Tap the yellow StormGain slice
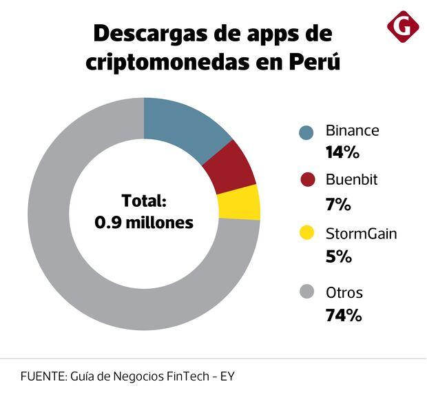click(240, 203)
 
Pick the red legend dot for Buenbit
click(307, 181)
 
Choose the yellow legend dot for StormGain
click(307, 234)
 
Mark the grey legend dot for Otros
click(307, 292)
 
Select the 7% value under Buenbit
click(338, 204)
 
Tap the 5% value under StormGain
click(338, 256)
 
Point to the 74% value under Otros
click(343, 316)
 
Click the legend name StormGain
click(361, 234)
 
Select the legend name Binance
click(352, 130)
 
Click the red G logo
click(403, 27)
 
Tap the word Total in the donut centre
click(144, 201)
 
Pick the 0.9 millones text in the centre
click(144, 223)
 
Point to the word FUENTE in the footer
click(43, 377)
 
